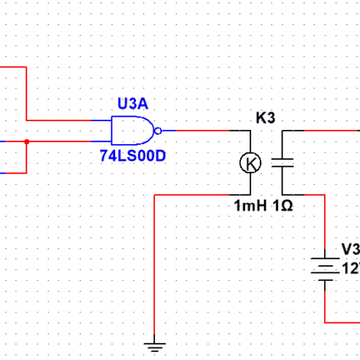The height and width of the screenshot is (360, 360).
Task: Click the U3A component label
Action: click(x=132, y=104)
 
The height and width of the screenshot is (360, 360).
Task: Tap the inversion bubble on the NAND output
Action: click(x=157, y=131)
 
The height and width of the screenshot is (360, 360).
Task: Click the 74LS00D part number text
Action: click(x=132, y=155)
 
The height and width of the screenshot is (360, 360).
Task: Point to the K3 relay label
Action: click(x=266, y=118)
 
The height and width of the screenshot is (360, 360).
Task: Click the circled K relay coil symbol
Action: click(x=250, y=163)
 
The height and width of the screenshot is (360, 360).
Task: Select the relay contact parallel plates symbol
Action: click(x=282, y=163)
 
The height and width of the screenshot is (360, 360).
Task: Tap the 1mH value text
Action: click(x=250, y=205)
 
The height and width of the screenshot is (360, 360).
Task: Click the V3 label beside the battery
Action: click(x=351, y=249)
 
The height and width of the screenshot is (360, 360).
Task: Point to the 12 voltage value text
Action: click(x=350, y=268)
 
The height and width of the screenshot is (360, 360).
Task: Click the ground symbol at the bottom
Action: click(x=156, y=344)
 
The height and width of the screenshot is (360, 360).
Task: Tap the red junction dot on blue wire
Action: click(x=27, y=142)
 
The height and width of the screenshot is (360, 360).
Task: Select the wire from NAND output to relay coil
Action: click(x=203, y=131)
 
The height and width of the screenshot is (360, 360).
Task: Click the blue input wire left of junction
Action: click(x=12, y=142)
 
